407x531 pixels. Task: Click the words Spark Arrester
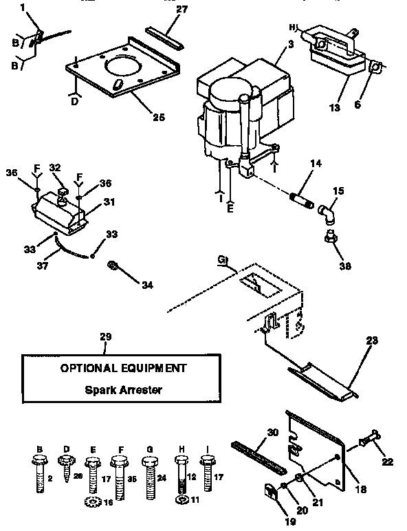coord(123,390)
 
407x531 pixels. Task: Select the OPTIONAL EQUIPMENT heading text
coord(123,368)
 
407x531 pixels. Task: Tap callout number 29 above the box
coord(105,336)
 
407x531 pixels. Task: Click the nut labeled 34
coord(112,265)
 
